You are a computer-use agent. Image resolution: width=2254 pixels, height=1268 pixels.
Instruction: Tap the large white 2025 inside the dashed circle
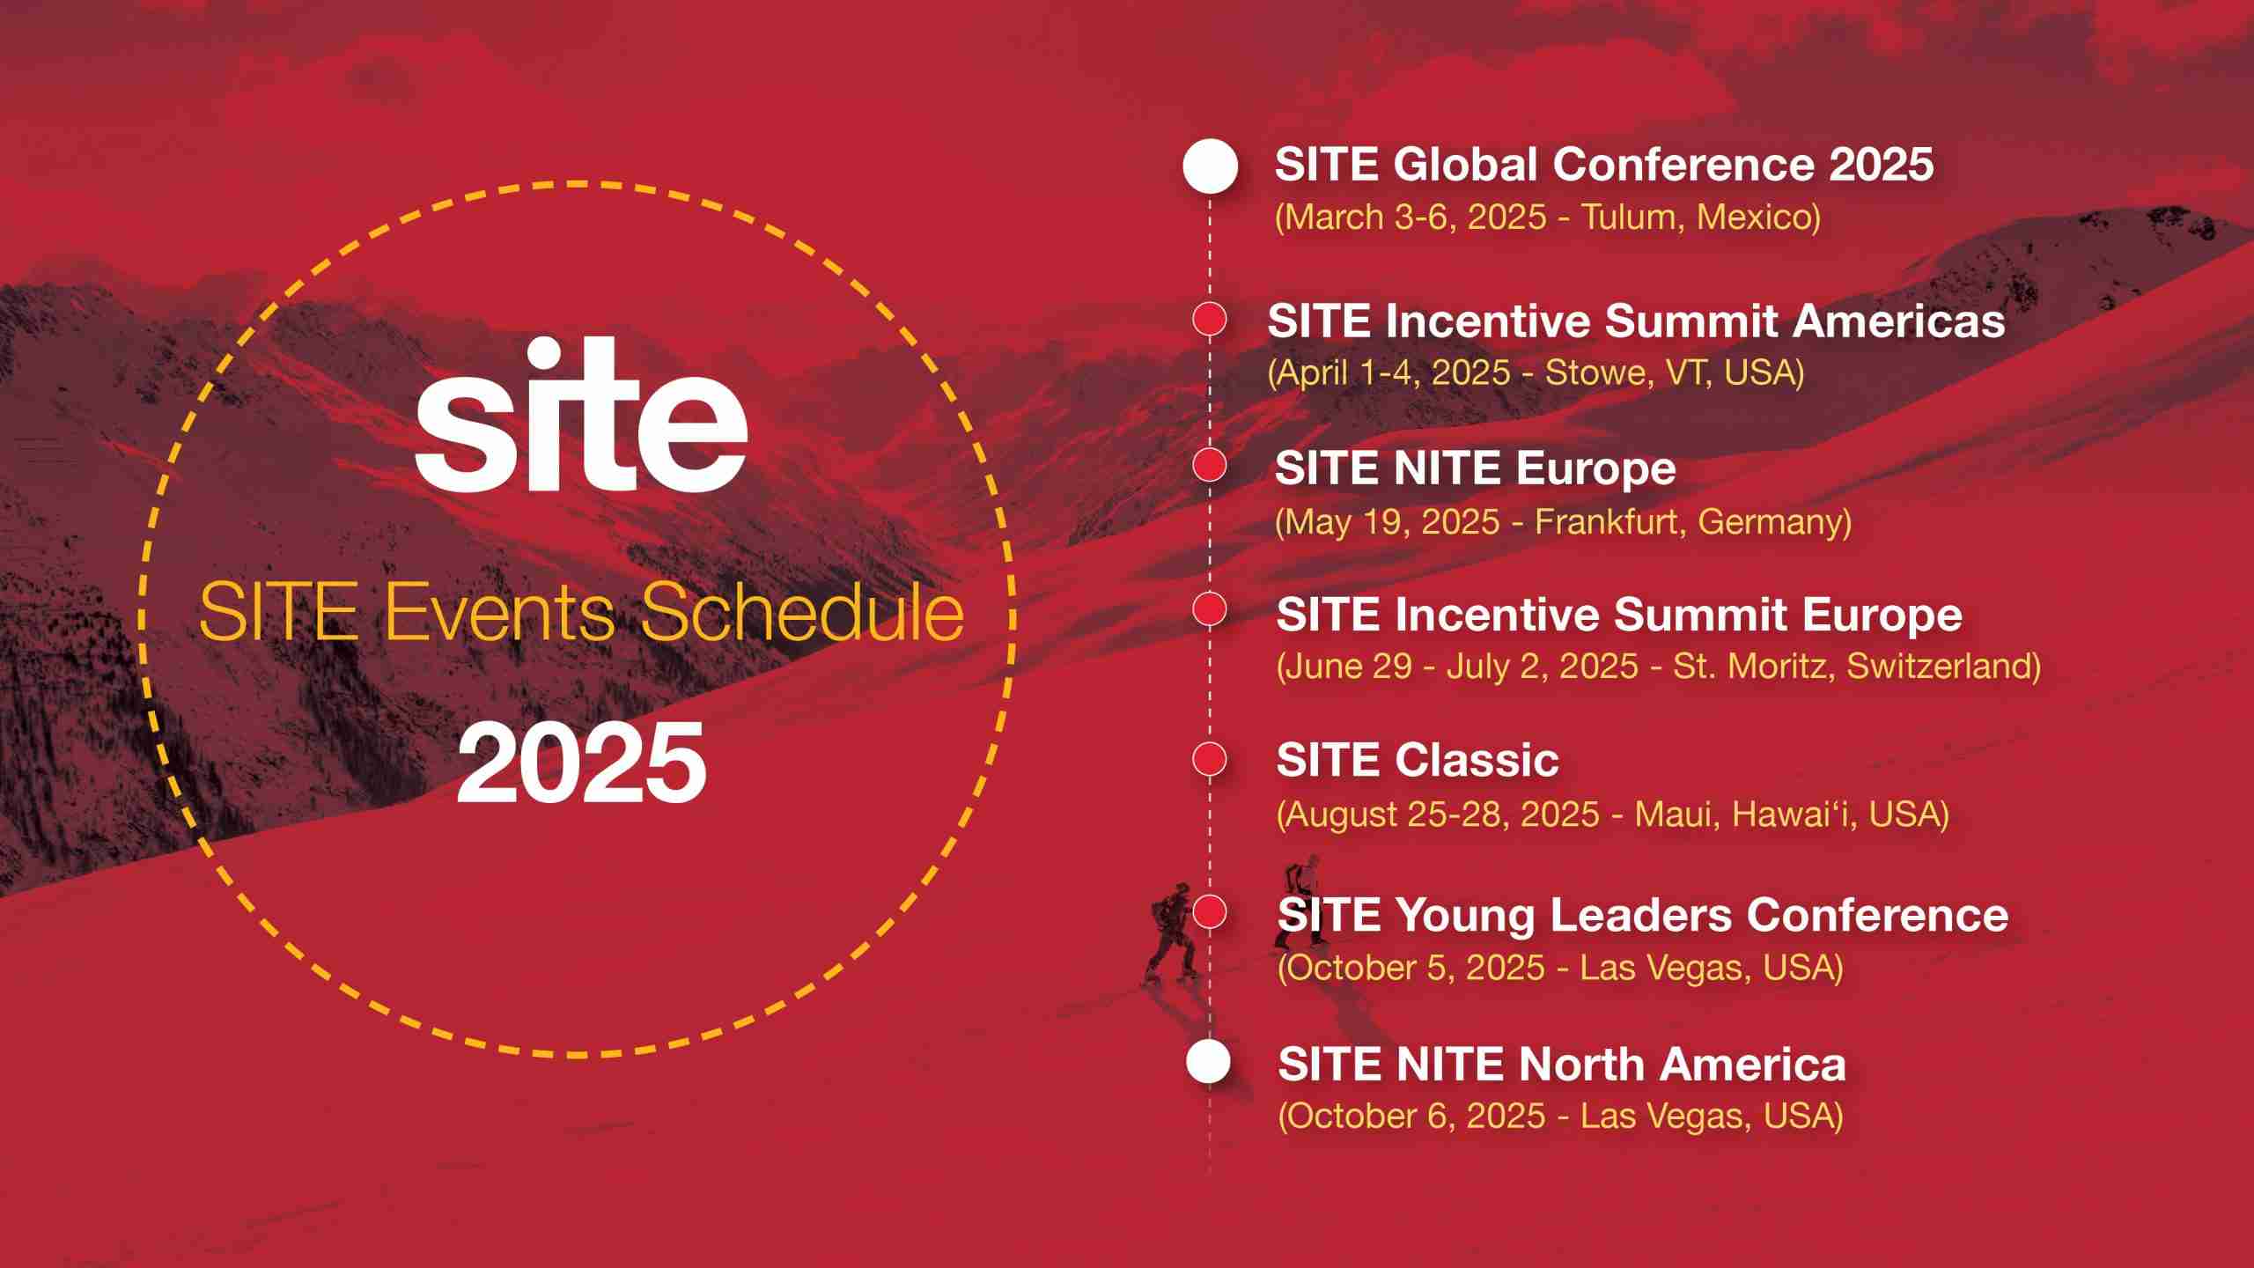pyautogui.click(x=581, y=763)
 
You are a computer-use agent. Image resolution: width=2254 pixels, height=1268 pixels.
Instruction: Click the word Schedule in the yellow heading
pyautogui.click(x=802, y=613)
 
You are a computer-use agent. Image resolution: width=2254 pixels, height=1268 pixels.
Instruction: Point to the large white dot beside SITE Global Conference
pyautogui.click(x=1210, y=166)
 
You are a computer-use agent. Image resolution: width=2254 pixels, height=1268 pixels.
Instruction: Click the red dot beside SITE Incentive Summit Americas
pyautogui.click(x=1210, y=320)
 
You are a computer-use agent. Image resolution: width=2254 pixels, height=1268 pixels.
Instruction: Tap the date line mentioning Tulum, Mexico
pyautogui.click(x=1548, y=217)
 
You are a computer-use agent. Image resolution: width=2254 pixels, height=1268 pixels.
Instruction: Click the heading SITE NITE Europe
pyautogui.click(x=1476, y=468)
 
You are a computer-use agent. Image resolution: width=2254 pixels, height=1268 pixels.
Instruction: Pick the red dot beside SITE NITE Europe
pyautogui.click(x=1210, y=465)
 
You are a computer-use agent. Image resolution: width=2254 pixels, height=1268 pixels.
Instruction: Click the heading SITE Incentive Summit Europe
pyautogui.click(x=1619, y=615)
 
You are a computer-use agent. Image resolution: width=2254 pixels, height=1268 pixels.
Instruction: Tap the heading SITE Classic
pyautogui.click(x=1418, y=760)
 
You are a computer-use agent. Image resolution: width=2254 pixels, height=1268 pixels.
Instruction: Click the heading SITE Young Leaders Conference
pyautogui.click(x=1643, y=916)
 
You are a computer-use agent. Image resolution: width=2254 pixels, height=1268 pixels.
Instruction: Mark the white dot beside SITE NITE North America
pyautogui.click(x=1208, y=1062)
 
